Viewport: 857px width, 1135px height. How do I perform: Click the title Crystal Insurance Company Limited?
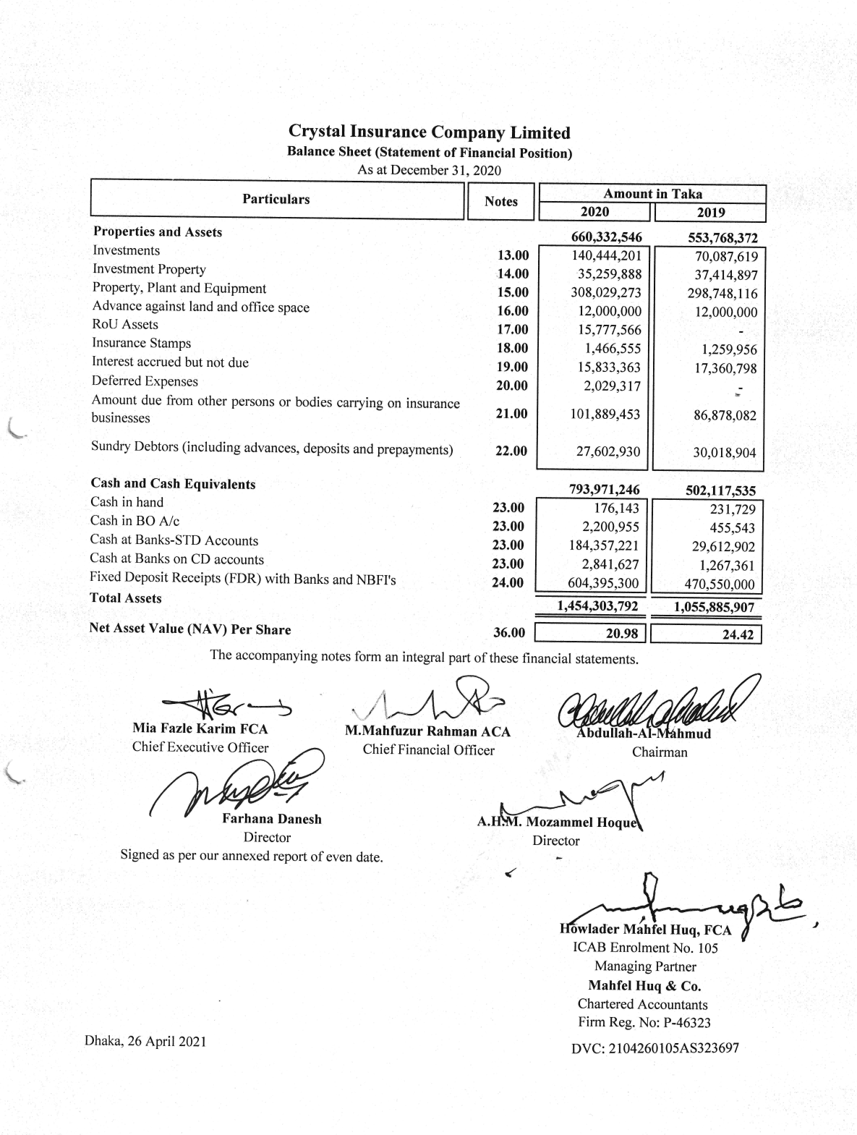pyautogui.click(x=429, y=132)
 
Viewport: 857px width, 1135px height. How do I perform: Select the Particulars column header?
pyautogui.click(x=276, y=199)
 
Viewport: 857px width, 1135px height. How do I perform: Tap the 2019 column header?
pyautogui.click(x=710, y=213)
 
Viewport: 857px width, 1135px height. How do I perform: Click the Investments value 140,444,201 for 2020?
pyautogui.click(x=607, y=255)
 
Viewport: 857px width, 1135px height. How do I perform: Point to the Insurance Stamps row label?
pyautogui.click(x=141, y=343)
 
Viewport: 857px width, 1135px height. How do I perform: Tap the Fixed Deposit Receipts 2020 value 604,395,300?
pyautogui.click(x=605, y=583)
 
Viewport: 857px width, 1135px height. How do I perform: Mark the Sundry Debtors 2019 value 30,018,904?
pyautogui.click(x=721, y=453)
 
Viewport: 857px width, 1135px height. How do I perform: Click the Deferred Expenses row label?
pyautogui.click(x=145, y=381)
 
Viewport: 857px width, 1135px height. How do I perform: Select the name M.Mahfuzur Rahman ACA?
pyautogui.click(x=428, y=731)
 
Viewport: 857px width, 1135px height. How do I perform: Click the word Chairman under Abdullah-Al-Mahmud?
pyautogui.click(x=660, y=752)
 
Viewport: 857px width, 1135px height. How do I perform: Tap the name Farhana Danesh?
pyautogui.click(x=272, y=819)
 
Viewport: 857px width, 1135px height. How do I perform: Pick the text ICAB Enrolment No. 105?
pyautogui.click(x=645, y=948)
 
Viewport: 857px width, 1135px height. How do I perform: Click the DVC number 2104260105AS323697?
pyautogui.click(x=655, y=1047)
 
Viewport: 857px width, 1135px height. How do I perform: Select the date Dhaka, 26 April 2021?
pyautogui.click(x=145, y=1042)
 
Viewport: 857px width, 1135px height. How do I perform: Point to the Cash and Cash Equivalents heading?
pyautogui.click(x=173, y=483)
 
